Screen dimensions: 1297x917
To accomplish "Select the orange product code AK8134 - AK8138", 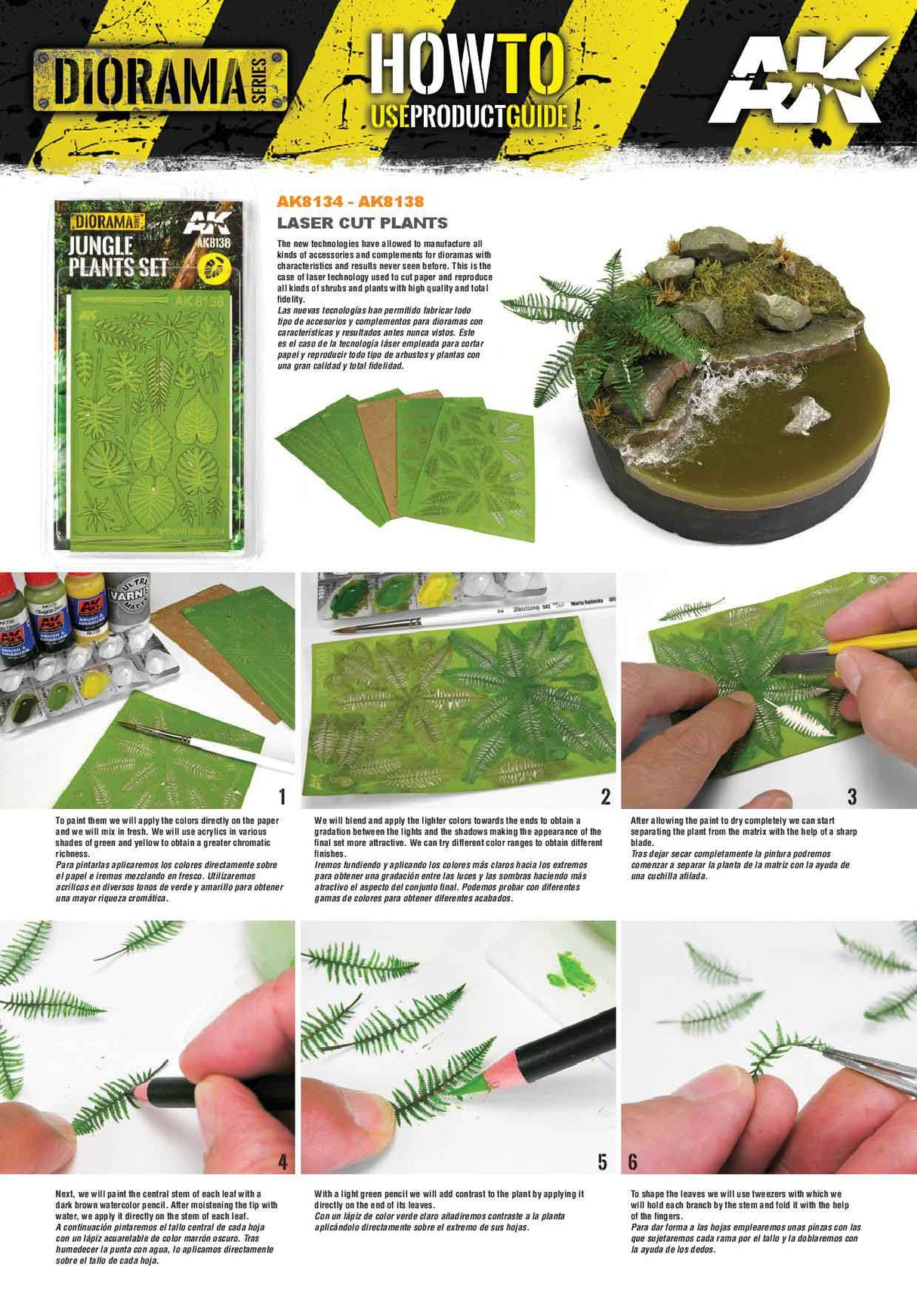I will pyautogui.click(x=350, y=201).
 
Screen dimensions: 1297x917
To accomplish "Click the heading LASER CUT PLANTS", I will pyautogui.click(x=362, y=223).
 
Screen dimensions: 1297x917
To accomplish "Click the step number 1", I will pyautogui.click(x=283, y=795).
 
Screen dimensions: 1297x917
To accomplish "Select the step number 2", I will pyautogui.click(x=605, y=795).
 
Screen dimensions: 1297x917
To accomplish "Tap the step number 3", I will pyautogui.click(x=852, y=795).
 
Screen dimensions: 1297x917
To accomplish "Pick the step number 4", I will pyautogui.click(x=283, y=1161).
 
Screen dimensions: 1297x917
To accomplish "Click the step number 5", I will pyautogui.click(x=602, y=1161).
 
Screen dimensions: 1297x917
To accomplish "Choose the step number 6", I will pyautogui.click(x=633, y=1161).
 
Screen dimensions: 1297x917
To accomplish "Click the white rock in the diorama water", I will pyautogui.click(x=807, y=415).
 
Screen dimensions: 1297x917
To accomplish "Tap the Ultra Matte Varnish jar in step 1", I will pyautogui.click(x=128, y=599).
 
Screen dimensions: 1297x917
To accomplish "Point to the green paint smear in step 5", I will pyautogui.click(x=575, y=971).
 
